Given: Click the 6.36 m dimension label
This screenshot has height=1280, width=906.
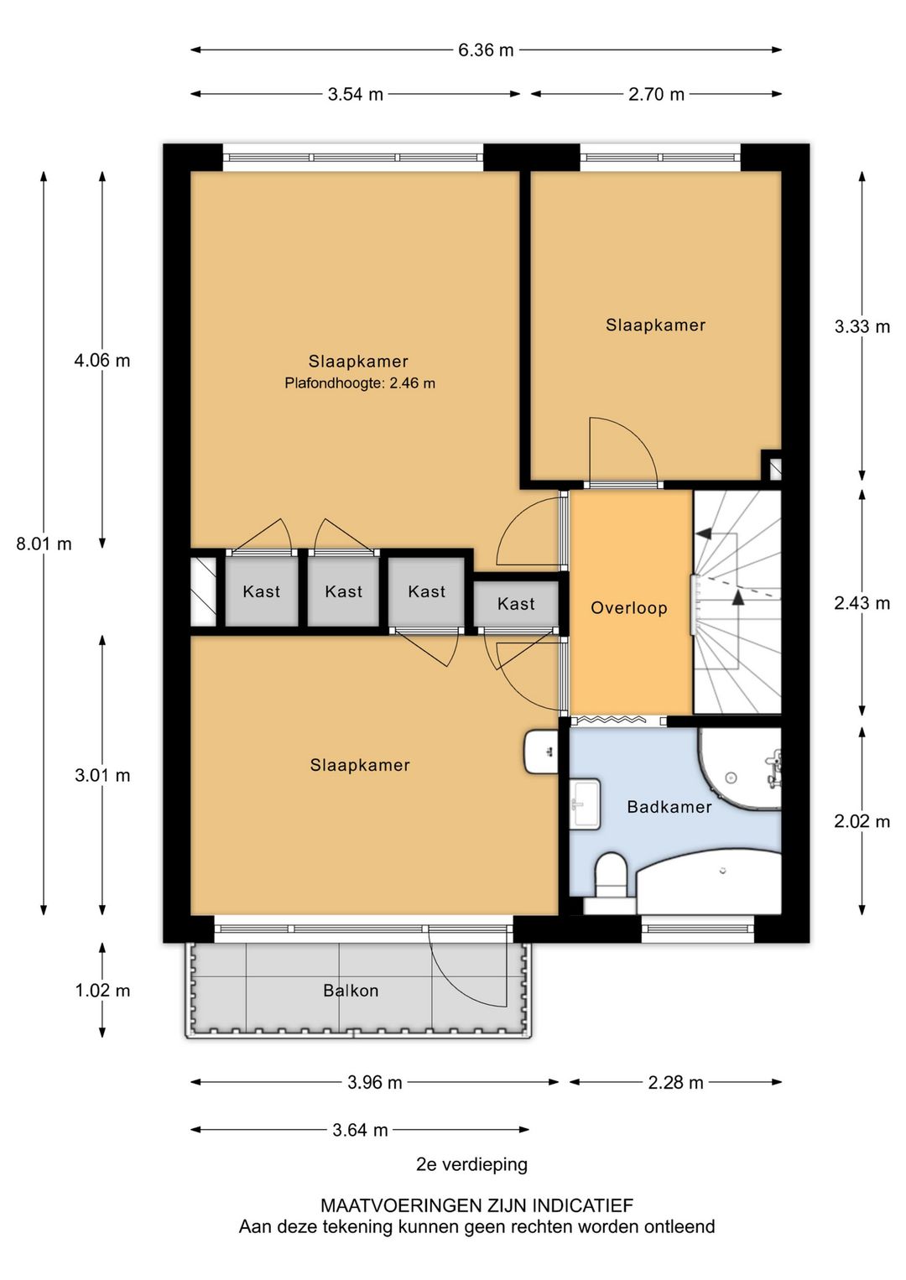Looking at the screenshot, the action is [485, 50].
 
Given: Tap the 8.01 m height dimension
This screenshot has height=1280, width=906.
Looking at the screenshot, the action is [44, 544].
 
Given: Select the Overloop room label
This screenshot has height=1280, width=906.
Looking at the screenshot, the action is [629, 607].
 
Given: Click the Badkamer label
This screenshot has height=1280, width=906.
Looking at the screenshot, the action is [669, 807].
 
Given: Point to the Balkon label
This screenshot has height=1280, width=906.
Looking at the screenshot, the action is [351, 991].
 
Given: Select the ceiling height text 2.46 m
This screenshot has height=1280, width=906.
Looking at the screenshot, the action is [412, 382].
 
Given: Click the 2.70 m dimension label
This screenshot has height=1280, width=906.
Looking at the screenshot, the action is [656, 94].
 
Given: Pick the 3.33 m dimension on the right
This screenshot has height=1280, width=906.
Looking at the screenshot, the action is [862, 326].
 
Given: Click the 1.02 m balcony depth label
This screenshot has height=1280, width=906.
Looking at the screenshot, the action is [103, 991].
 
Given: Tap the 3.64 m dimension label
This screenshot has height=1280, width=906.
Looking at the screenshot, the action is [360, 1130].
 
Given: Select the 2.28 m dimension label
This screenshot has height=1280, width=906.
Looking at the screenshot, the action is [675, 1082].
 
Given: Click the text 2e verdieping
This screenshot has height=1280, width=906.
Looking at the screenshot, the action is [471, 1164].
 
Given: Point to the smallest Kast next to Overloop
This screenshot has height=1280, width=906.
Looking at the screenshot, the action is [516, 604].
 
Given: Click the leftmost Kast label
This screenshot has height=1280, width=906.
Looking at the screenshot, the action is [261, 591].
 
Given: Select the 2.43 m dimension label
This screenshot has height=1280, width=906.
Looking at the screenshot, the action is [862, 603].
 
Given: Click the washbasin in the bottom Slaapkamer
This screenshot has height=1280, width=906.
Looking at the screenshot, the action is [541, 752].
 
